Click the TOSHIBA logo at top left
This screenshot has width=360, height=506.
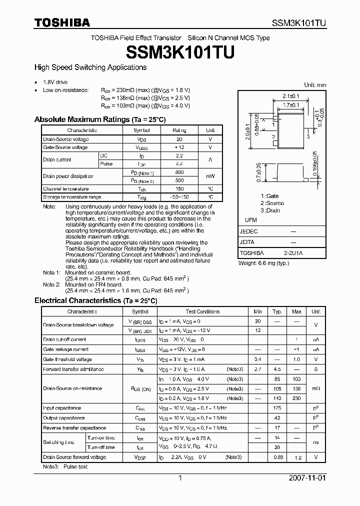62,22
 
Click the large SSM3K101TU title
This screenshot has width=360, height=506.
179,52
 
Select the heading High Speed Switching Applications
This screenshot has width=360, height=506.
90,67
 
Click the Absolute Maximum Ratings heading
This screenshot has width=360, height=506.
99,119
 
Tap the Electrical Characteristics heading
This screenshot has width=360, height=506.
95,300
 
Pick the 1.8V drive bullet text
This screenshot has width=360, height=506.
55,82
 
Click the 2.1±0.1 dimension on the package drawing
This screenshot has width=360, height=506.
290,96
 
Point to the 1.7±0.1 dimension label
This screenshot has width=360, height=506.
290,105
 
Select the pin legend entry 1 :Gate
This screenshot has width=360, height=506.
270,196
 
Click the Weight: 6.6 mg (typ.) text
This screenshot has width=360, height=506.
263,263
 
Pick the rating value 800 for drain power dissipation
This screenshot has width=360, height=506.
179,172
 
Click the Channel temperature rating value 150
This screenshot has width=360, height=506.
179,188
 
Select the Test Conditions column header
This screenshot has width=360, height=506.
202,311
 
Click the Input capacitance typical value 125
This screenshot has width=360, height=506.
277,408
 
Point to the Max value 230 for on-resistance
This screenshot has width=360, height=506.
296,398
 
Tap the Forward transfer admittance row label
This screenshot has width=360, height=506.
73,369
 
